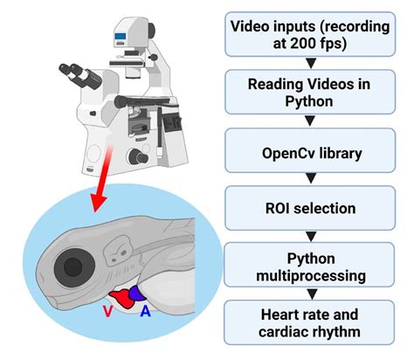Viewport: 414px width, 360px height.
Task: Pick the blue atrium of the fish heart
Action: tap(137, 295)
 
